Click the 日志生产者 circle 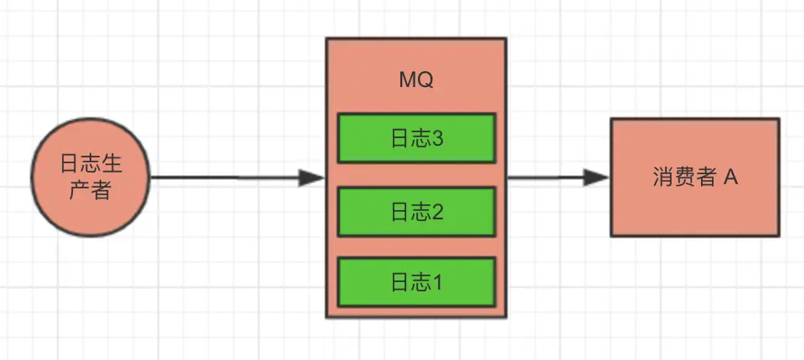pos(90,177)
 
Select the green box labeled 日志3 pos(416,138)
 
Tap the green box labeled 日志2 pos(416,212)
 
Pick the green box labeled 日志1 pos(416,282)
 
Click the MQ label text pos(416,81)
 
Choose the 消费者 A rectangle pos(694,177)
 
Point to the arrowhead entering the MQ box pos(313,177)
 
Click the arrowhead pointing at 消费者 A pos(598,177)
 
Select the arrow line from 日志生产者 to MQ pos(226,177)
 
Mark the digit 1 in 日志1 pos(436,283)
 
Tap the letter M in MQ pos(408,81)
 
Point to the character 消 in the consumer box pos(662,177)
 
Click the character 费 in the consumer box pos(681,177)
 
